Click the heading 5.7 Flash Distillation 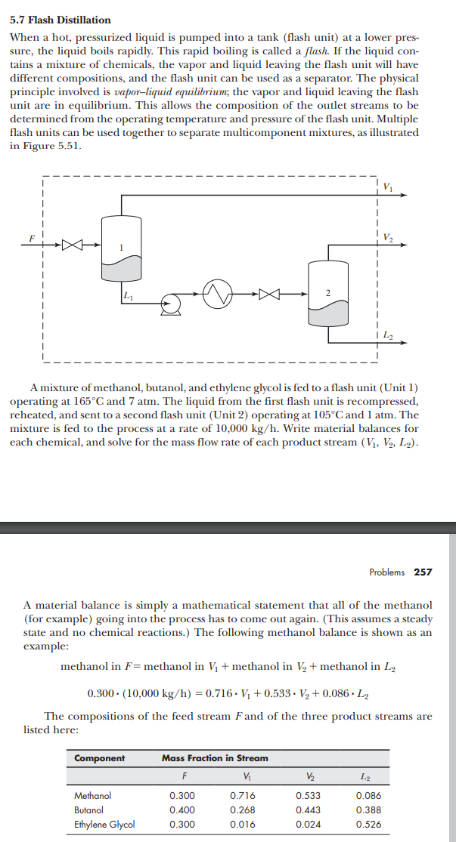pyautogui.click(x=60, y=20)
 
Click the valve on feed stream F pyautogui.click(x=72, y=245)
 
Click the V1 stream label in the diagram pyautogui.click(x=388, y=186)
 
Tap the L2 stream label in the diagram pyautogui.click(x=388, y=334)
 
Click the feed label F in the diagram pyautogui.click(x=31, y=236)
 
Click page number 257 pyautogui.click(x=423, y=572)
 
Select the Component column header pyautogui.click(x=99, y=757)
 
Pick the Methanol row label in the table pyautogui.click(x=92, y=795)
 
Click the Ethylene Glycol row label pyautogui.click(x=104, y=824)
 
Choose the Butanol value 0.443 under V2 pyautogui.click(x=307, y=810)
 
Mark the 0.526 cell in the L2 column pyautogui.click(x=368, y=824)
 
